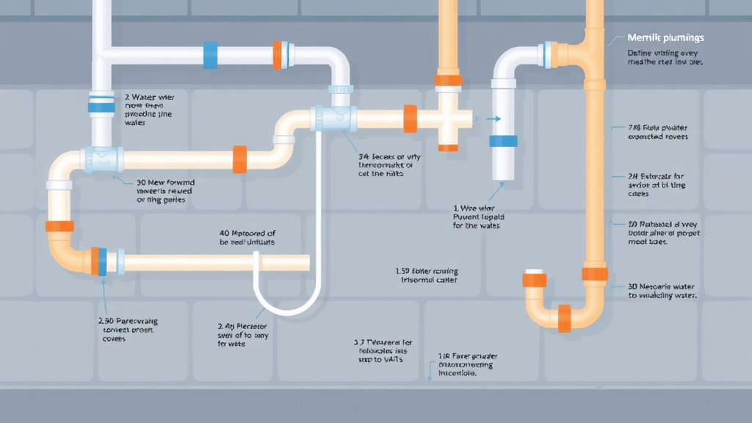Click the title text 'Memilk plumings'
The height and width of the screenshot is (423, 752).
coord(665,37)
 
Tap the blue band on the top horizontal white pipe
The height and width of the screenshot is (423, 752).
coord(210,54)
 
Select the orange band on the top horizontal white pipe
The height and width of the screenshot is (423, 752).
coord(278,54)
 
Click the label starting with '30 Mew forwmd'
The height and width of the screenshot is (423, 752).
coord(165,190)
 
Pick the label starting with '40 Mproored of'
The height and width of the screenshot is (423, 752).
coord(247,236)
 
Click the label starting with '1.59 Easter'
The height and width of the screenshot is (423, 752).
coord(427,275)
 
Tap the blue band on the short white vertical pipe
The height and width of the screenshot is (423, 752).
coord(503,142)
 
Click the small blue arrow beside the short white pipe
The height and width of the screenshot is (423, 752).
coord(493,117)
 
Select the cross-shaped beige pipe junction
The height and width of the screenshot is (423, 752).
coord(446,117)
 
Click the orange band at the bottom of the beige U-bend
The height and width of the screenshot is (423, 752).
coord(564,317)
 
